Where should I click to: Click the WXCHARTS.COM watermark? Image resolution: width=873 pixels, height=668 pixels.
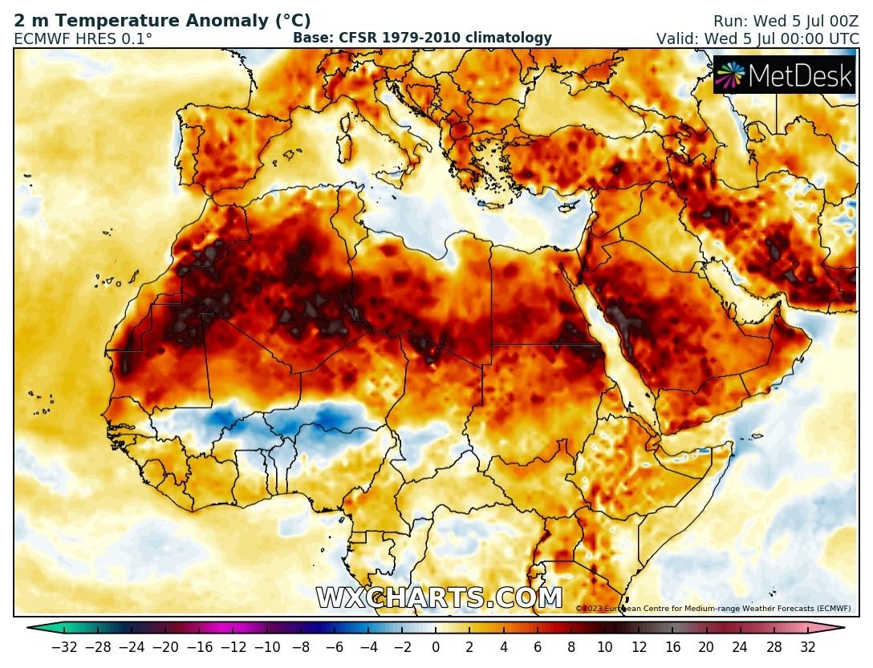439,598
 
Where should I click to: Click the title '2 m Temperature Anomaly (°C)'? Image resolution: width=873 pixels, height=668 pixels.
162,22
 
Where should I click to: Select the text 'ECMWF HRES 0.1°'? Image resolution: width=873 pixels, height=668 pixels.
83,38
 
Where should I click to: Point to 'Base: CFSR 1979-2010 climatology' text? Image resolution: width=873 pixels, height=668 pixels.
422,38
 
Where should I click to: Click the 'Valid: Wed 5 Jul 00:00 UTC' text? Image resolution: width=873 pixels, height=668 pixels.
757,38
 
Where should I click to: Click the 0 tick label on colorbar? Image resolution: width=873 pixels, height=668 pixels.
436,646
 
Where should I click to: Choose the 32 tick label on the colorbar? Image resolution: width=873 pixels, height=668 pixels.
807,646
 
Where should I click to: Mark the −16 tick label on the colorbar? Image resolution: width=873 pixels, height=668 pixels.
204,646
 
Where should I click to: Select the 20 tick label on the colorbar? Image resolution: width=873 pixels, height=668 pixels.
706,646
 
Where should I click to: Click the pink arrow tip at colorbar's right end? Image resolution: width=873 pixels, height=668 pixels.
839,629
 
